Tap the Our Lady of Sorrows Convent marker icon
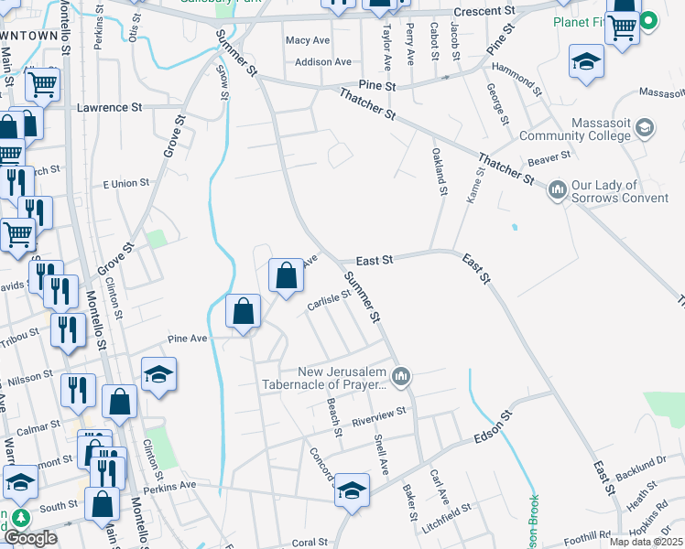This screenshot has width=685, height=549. tap(557, 190)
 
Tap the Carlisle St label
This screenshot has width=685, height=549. tap(330, 301)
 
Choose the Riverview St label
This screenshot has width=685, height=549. tap(379, 416)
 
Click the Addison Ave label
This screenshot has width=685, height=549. tap(323, 62)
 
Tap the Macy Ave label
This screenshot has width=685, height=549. tap(307, 41)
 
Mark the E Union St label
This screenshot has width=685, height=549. tap(126, 184)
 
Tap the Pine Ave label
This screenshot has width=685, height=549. tap(187, 339)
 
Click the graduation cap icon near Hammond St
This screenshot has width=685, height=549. tap(585, 61)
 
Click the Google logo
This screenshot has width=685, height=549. tap(31, 538)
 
